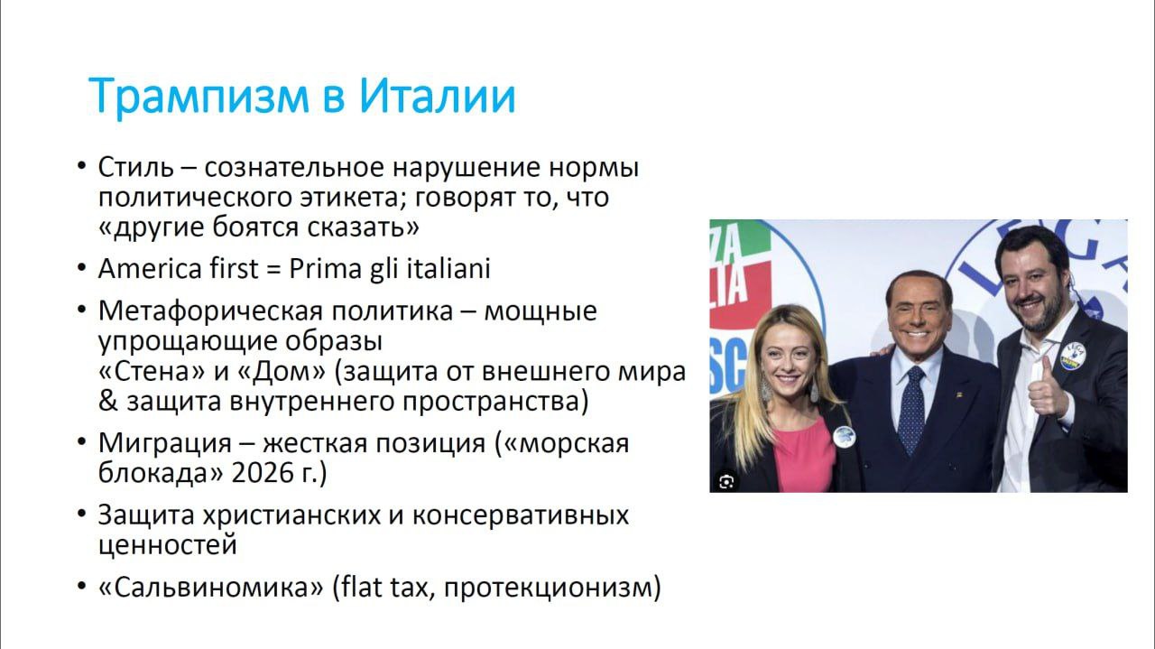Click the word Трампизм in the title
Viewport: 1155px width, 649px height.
pos(199,96)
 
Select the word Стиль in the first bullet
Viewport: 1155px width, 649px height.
pos(135,167)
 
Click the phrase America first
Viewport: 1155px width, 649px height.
pos(179,268)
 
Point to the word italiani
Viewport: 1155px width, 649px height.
pos(448,268)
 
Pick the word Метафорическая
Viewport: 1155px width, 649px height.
pos(210,311)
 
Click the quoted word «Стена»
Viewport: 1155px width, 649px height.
pos(151,372)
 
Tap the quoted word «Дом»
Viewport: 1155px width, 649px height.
pos(282,372)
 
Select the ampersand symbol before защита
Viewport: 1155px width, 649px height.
pos(107,402)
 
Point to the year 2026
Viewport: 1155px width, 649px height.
pos(256,474)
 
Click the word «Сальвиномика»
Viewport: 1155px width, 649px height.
pos(211,588)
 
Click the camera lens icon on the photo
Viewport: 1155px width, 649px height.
pos(726,482)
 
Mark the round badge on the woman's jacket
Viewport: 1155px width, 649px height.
pos(845,438)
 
